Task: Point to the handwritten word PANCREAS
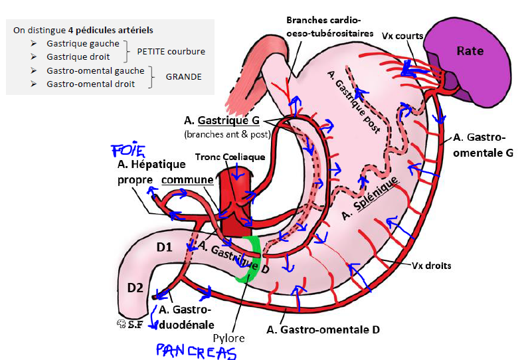click(196, 350)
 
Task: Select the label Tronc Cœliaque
click(230, 157)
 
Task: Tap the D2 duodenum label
click(135, 288)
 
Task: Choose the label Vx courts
click(402, 35)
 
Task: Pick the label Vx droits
click(432, 266)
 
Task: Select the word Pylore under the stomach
click(228, 338)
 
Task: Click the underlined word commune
click(188, 180)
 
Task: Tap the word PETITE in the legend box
click(151, 51)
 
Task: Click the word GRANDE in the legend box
click(184, 76)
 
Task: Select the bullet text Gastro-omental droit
click(90, 84)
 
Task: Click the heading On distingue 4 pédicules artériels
click(83, 30)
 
